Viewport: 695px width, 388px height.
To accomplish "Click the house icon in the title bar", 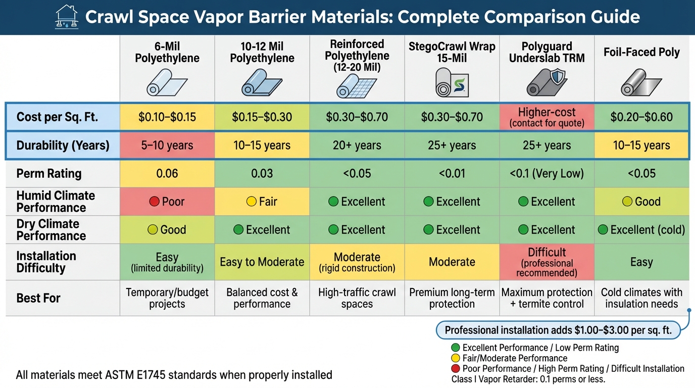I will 67,17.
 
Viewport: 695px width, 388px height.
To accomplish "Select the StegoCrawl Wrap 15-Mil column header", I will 452,53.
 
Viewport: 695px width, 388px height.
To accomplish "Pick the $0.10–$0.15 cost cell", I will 167,117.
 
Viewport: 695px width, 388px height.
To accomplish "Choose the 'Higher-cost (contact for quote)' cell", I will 547,117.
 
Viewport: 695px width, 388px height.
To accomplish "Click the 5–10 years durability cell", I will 167,146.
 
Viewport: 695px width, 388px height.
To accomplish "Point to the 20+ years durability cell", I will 357,146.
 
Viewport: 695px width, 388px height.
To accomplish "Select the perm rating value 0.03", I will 262,174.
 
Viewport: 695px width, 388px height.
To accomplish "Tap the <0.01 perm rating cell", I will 452,174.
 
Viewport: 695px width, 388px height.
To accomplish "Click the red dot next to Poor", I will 154,202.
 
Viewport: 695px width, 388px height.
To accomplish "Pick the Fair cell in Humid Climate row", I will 262,202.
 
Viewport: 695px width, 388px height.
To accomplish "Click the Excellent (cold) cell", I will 641,230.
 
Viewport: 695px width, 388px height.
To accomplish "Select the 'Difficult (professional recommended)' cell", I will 547,262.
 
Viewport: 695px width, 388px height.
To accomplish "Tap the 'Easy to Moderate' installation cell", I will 262,262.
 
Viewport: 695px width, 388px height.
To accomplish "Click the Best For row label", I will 38,298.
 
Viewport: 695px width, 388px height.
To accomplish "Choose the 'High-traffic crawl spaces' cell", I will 357,298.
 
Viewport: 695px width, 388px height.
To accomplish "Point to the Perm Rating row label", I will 48,174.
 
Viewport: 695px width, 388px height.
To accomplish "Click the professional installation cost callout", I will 558,330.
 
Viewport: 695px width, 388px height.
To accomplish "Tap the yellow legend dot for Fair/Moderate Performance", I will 455,358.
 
